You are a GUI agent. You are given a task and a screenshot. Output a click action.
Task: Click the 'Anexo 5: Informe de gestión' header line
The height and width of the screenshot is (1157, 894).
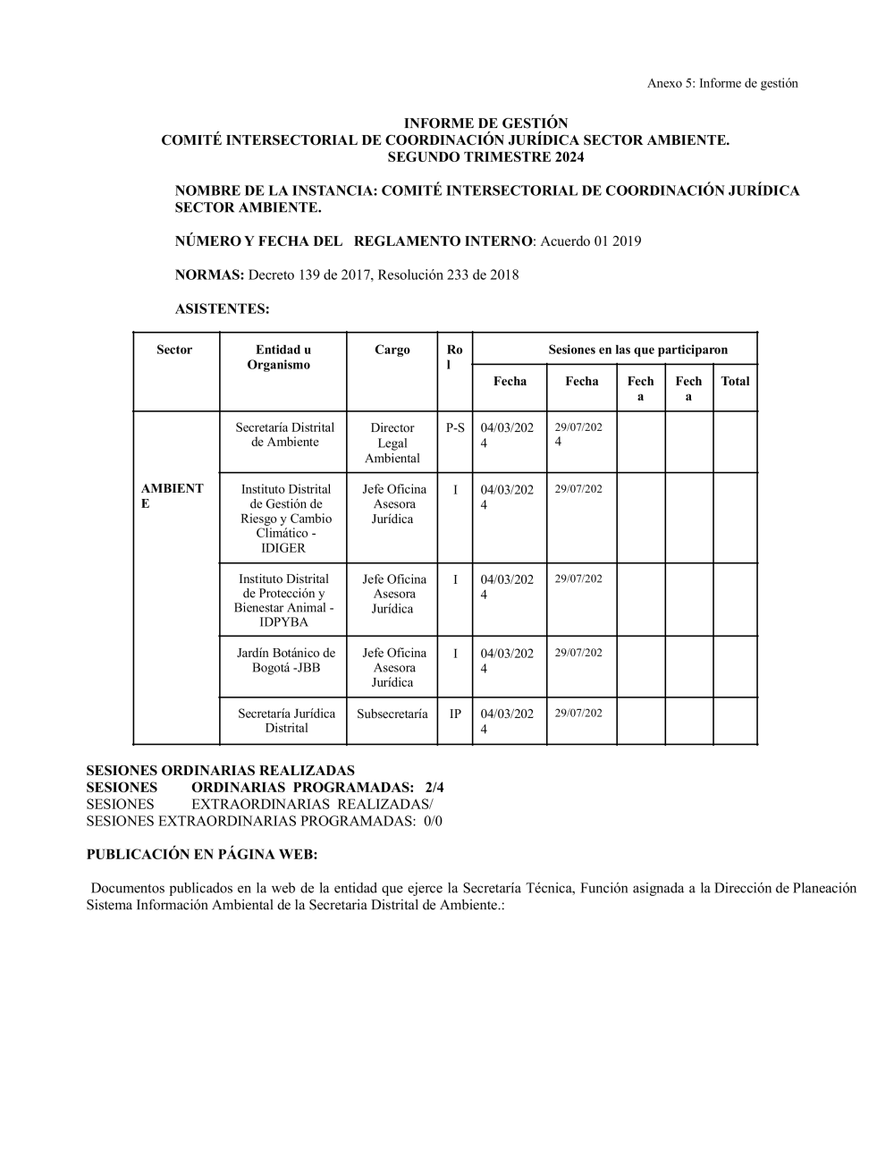coord(722,83)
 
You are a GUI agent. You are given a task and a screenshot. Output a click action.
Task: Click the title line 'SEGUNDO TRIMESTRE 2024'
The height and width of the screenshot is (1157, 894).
coord(485,157)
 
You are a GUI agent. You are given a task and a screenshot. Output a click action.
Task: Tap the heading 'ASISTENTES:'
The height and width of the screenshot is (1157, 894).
coord(222,309)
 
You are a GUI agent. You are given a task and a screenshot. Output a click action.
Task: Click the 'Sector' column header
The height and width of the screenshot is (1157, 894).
coord(174,350)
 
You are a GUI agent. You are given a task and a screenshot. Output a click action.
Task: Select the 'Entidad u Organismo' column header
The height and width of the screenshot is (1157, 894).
coord(283,357)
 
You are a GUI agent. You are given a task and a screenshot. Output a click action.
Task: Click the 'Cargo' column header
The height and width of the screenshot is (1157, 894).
coord(392,350)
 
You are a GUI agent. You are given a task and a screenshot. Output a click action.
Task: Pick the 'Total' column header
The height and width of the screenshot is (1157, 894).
coord(735,381)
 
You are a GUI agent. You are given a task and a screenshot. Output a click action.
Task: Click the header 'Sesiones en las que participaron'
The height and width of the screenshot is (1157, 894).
coord(637,350)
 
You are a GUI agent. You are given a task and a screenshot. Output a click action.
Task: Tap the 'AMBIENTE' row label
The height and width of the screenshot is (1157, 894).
coord(172,496)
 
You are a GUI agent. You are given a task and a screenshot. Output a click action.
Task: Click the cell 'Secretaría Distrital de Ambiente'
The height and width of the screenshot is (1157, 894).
coord(284,435)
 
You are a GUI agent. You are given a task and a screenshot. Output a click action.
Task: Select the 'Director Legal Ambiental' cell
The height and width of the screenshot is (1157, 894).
coord(392,443)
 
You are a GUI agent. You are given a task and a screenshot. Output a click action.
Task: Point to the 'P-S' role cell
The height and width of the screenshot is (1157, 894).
coord(455,427)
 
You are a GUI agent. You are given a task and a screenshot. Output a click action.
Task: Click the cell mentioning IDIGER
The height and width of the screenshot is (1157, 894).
coord(285,519)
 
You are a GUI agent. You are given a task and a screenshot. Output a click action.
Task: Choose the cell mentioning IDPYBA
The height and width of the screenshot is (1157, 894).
coord(283,600)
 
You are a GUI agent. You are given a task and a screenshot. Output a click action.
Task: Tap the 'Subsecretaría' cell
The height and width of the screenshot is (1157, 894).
coord(392,714)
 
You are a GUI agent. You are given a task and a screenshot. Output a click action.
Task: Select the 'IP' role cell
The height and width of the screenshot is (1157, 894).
coord(455,714)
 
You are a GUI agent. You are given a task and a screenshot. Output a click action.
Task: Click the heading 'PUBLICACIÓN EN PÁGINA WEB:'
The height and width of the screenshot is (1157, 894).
coord(202,855)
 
